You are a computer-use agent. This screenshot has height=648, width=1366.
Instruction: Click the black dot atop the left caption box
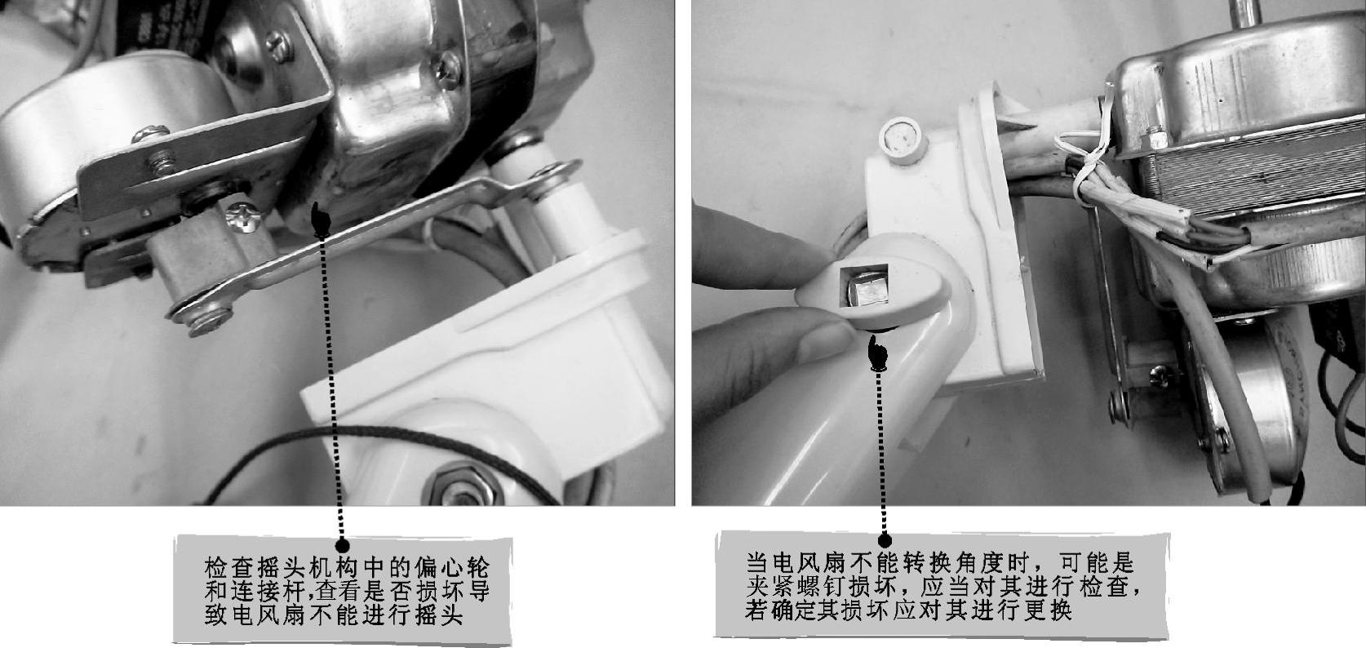pos(342,545)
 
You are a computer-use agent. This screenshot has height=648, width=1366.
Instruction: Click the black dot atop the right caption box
pos(885,540)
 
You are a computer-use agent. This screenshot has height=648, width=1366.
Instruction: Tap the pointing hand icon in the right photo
pos(877,354)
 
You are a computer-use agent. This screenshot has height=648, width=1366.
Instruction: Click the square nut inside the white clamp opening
pos(865,286)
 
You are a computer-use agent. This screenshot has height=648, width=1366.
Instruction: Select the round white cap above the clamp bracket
pos(903,140)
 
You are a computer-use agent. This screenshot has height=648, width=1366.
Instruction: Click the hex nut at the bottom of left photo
pos(464,486)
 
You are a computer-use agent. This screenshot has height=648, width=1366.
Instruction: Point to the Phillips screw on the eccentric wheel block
pos(243,216)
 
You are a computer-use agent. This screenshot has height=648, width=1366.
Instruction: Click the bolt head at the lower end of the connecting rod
pos(208,321)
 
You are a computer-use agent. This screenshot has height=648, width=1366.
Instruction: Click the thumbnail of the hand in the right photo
pos(827,342)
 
